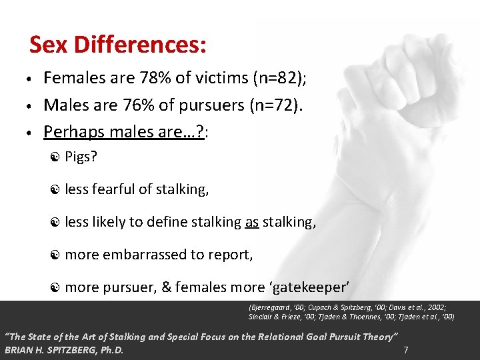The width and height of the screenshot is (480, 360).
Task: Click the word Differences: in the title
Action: pyautogui.click(x=140, y=45)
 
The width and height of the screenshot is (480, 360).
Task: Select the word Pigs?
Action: pyautogui.click(x=81, y=157)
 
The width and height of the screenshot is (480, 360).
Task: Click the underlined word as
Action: pyautogui.click(x=251, y=222)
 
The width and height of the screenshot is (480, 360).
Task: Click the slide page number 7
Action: pyautogui.click(x=406, y=349)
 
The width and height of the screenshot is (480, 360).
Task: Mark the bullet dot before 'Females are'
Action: pyautogui.click(x=31, y=79)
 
